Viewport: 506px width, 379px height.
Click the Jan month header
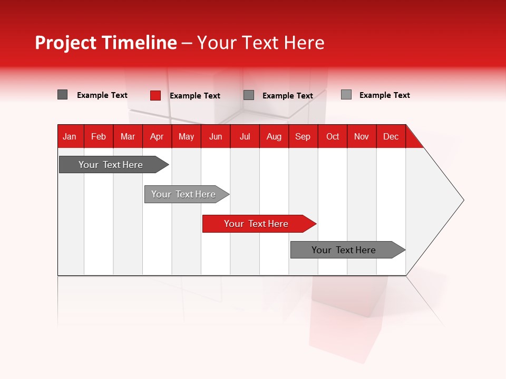70,136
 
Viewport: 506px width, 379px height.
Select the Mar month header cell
128,136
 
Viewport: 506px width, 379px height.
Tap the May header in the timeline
186,136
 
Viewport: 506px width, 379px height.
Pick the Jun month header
216,136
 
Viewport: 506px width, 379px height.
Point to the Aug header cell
274,136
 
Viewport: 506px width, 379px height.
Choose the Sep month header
303,136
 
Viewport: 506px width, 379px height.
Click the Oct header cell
332,136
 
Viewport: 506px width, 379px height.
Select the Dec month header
391,136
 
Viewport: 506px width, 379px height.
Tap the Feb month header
99,136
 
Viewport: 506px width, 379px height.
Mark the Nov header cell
361,136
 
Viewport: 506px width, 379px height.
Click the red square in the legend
155,95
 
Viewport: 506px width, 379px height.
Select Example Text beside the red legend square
194,96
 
